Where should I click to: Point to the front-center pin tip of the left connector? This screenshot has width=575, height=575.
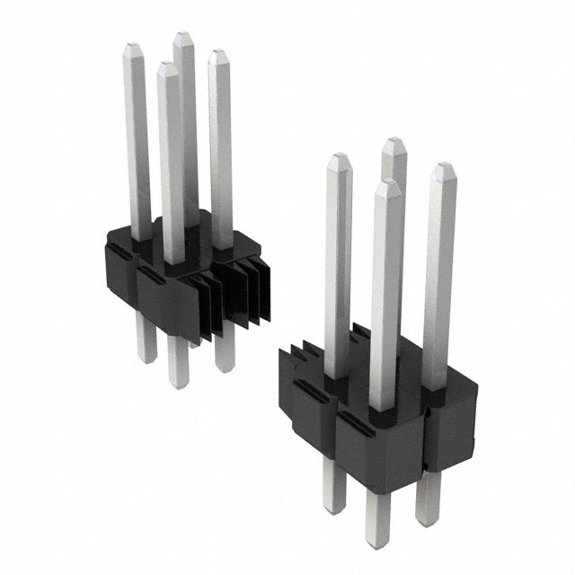pos(166,67)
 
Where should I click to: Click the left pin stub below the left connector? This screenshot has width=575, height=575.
pos(146,346)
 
